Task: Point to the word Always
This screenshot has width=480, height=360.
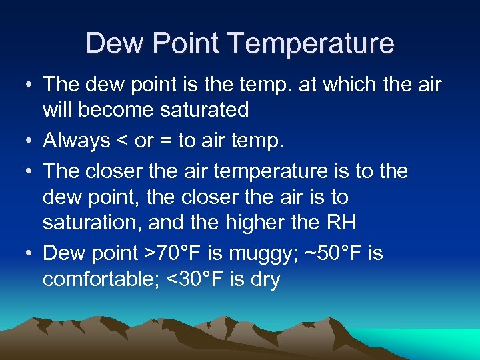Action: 77,141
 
